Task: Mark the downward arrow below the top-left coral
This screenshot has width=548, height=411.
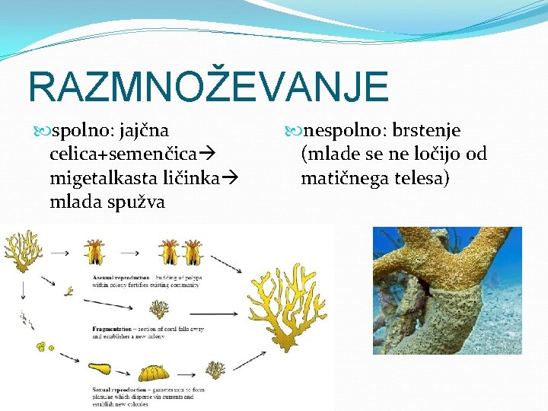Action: click(24, 289)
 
